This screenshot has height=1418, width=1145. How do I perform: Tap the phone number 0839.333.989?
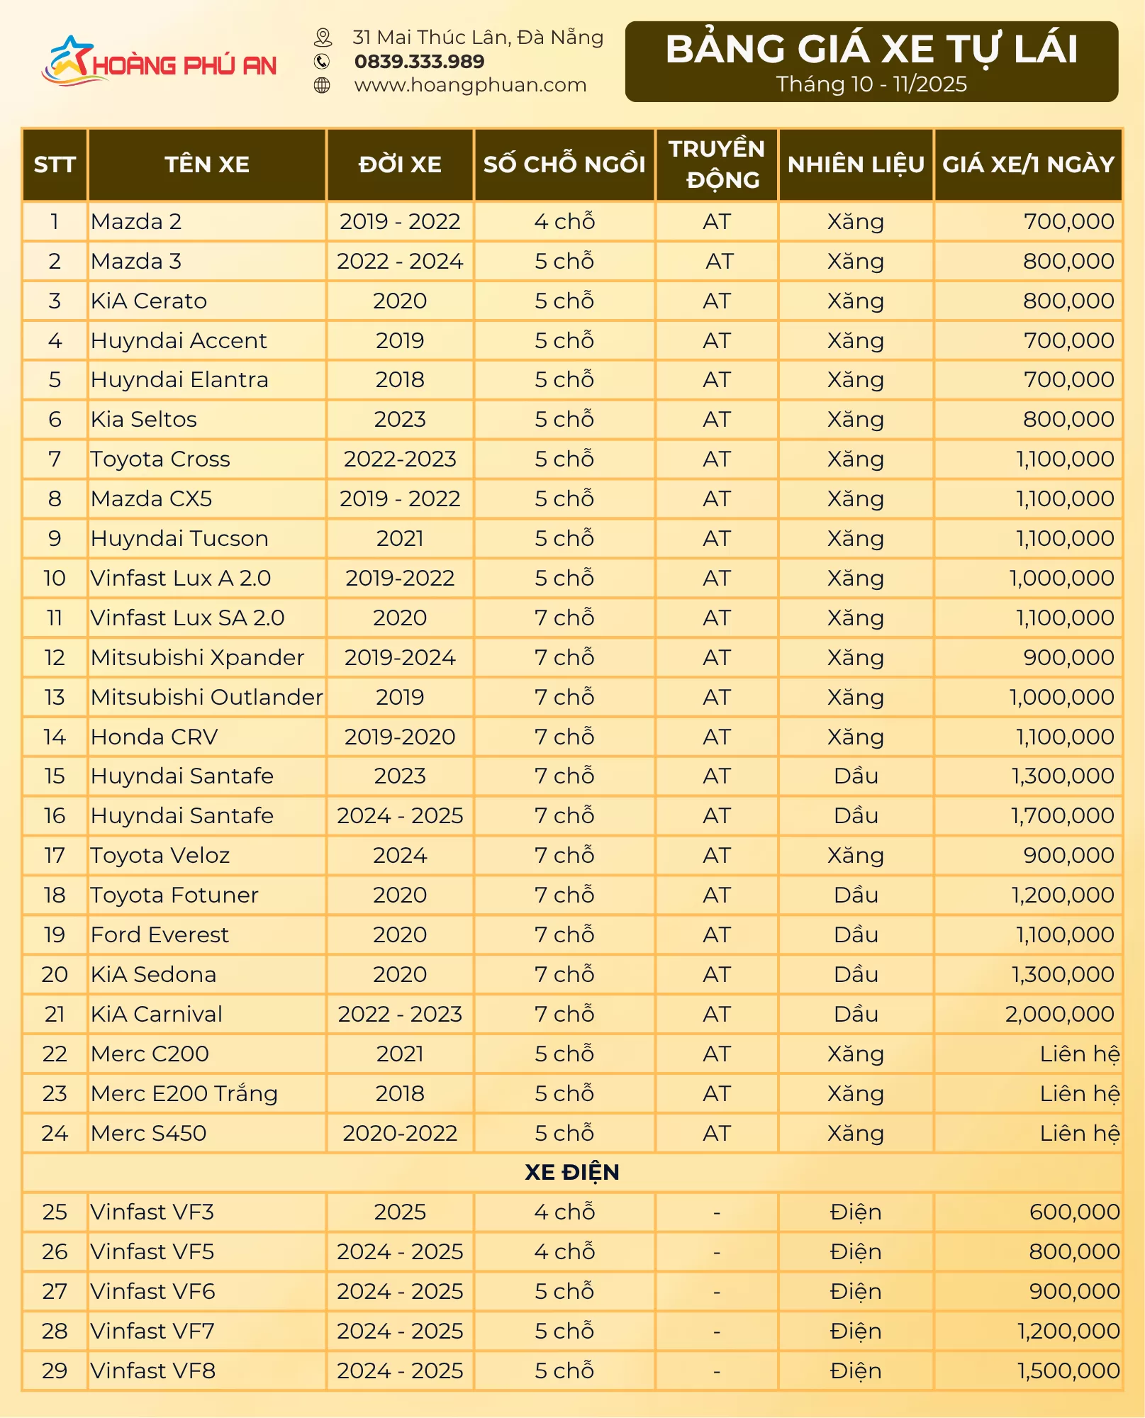click(x=419, y=62)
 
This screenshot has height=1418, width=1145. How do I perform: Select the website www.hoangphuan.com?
click(x=470, y=85)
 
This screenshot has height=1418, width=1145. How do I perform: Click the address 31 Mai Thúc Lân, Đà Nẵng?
click(x=478, y=37)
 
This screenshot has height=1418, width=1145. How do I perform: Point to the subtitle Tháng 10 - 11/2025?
click(x=871, y=84)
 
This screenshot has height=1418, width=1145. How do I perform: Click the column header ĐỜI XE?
click(x=400, y=164)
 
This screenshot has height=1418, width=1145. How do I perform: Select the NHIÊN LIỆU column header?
click(x=856, y=164)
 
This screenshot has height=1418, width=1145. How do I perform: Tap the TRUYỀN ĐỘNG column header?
click(x=717, y=164)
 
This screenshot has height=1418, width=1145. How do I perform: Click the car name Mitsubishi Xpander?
click(x=197, y=657)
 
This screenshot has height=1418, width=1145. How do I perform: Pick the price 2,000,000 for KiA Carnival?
click(x=1059, y=1014)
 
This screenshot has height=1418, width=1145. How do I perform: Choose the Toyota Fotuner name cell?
click(x=174, y=895)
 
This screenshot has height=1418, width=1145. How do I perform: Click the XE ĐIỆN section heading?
click(x=572, y=1173)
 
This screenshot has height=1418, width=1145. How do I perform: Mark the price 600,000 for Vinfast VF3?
click(x=1074, y=1212)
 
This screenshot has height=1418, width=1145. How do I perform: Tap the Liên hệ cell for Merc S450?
click(x=1079, y=1133)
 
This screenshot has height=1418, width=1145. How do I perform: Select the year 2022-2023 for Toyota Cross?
click(x=400, y=459)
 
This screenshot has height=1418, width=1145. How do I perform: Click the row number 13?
click(x=55, y=697)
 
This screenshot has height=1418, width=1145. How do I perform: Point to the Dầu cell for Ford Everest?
click(x=856, y=934)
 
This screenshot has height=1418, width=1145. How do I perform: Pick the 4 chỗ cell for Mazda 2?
click(x=564, y=222)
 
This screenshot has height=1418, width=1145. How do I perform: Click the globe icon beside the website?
click(x=322, y=86)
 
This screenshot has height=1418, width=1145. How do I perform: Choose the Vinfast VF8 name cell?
click(x=153, y=1370)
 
